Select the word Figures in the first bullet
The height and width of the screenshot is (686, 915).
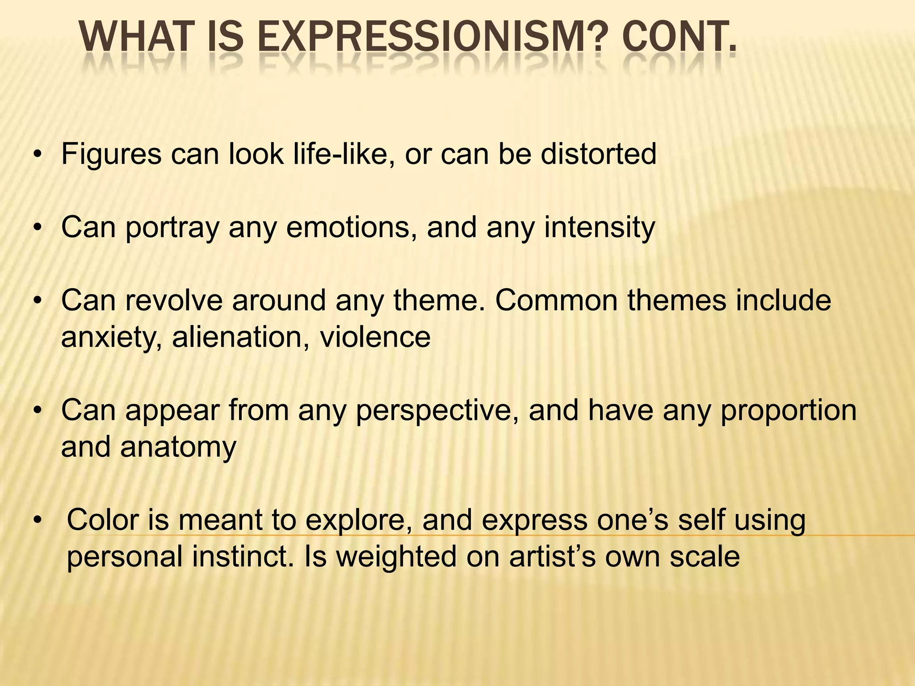tap(111, 155)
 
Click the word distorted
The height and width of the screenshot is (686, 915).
tap(598, 154)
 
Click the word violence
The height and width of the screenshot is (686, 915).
tap(375, 337)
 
